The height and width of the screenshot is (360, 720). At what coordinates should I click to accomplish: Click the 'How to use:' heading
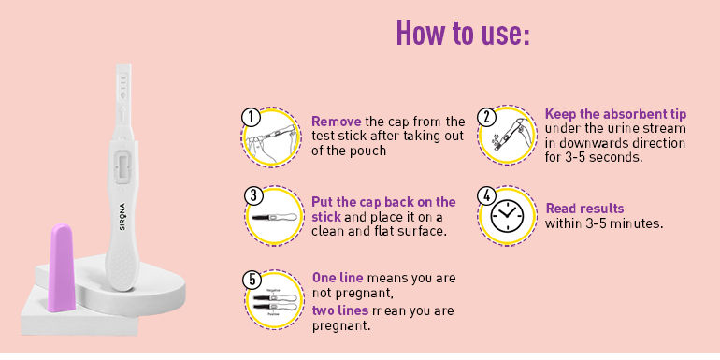pos(463,35)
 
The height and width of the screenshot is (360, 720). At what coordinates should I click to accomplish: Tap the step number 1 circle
pos(251,117)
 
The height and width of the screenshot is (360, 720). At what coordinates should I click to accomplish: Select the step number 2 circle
pos(485,117)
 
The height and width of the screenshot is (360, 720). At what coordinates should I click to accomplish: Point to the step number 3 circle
pos(251,195)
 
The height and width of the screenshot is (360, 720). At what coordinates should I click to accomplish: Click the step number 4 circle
pos(485,195)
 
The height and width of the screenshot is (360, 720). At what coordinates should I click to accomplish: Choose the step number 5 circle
pos(251,278)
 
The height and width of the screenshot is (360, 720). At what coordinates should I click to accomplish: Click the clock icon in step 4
pos(508,216)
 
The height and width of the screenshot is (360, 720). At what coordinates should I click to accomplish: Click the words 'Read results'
pos(584,209)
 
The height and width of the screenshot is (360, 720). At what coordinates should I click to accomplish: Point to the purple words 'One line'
pos(338,279)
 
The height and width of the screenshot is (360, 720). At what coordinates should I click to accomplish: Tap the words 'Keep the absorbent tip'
pos(614,114)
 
